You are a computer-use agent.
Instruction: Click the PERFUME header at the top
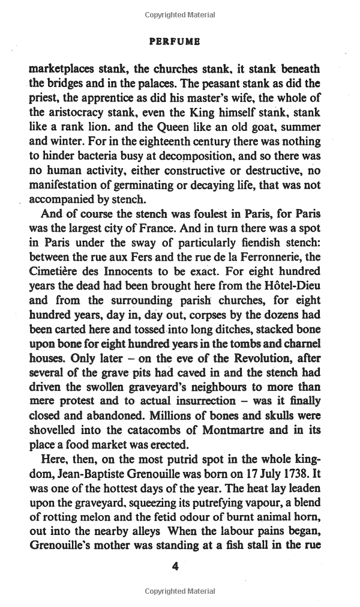(175, 42)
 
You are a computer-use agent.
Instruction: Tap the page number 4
(175, 566)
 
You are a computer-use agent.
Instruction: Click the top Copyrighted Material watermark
(179, 14)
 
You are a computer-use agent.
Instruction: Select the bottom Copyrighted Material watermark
(179, 591)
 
